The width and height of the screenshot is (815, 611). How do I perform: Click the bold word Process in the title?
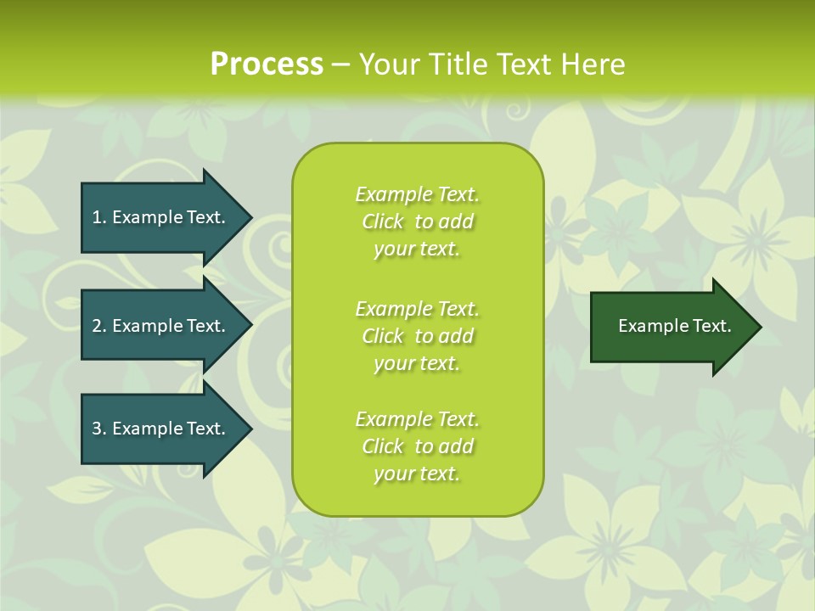point(267,64)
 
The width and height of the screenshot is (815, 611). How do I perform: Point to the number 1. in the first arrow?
point(99,217)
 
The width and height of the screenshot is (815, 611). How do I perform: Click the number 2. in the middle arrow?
point(99,326)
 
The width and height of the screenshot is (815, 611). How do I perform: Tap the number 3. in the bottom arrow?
point(99,429)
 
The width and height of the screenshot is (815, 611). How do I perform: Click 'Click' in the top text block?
point(383,222)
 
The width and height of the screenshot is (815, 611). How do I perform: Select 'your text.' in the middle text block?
point(417,363)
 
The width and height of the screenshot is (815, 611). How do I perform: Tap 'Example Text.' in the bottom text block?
point(417,419)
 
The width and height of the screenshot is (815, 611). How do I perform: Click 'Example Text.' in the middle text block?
point(417,309)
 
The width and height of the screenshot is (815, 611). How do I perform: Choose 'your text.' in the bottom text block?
point(417,474)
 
